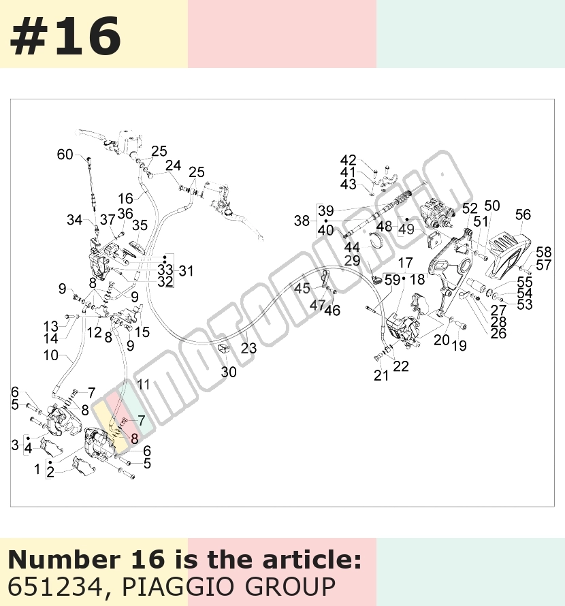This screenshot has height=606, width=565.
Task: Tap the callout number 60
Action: point(65,155)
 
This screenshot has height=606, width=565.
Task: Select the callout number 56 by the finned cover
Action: point(523,215)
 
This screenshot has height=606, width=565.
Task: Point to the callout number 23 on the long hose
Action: point(248,348)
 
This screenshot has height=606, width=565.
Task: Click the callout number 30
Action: point(229,372)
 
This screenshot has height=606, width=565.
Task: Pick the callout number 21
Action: point(381,375)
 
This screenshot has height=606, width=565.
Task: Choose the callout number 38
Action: point(302,221)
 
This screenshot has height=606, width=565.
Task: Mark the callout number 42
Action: point(349,161)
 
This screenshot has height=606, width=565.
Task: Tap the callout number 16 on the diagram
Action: point(126,199)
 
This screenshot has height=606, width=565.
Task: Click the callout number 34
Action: point(75,220)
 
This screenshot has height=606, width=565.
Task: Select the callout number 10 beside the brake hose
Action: point(50,355)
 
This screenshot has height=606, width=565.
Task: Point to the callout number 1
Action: point(37,469)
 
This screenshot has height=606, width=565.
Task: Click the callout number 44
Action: point(352,247)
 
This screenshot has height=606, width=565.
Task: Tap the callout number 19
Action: point(459,345)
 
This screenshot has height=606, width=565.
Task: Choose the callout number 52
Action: point(470,209)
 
